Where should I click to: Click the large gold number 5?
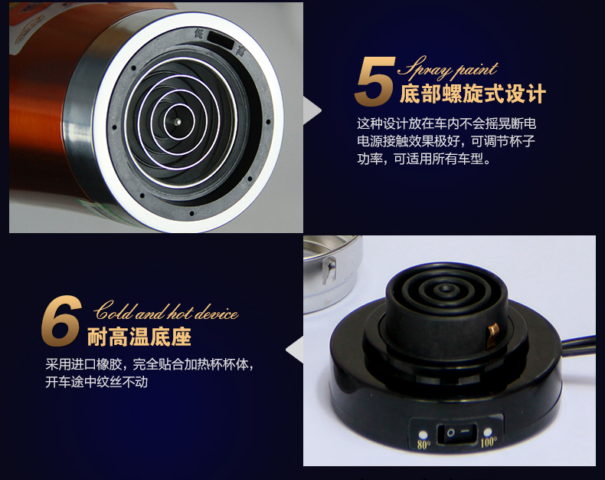375,81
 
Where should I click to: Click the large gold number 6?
61,321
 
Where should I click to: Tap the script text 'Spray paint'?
447,69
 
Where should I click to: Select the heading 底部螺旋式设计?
473,94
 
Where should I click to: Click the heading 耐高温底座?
139,337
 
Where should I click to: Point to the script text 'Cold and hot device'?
166,311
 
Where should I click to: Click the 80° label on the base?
423,445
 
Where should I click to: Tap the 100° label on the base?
489,442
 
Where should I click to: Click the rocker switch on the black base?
457,433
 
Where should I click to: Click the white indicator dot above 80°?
423,435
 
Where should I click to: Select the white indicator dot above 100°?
488,431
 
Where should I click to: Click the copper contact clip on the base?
493,334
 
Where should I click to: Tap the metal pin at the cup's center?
178,122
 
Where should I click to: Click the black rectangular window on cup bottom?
221,40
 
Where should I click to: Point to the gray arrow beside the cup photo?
312,110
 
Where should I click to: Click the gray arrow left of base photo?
294,350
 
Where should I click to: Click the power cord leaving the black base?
579,344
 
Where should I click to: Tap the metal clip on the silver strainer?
329,269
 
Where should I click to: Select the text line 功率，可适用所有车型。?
424,159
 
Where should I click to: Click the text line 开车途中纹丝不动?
96,382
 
